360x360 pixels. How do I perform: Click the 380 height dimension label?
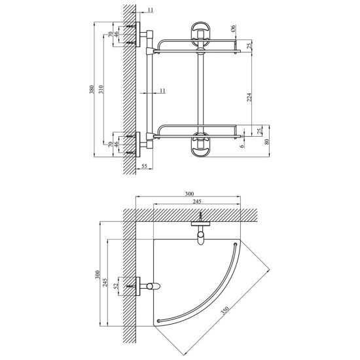(92, 90)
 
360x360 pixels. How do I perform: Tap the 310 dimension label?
(101, 89)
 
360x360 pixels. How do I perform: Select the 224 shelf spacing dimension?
(249, 97)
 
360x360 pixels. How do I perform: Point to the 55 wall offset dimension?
(144, 166)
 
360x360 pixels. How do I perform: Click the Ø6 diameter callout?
(232, 28)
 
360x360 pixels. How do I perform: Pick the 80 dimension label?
(266, 141)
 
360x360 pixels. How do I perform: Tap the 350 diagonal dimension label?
(225, 310)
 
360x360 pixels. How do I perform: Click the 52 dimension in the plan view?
(117, 285)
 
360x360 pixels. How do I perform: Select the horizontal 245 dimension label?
(197, 202)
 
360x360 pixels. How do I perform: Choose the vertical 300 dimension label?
(98, 275)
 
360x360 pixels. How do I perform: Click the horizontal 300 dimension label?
(189, 194)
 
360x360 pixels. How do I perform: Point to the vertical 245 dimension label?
(105, 282)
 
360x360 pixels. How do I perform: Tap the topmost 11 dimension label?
(151, 10)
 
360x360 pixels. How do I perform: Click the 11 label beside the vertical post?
(162, 90)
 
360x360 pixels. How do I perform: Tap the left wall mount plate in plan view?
(137, 286)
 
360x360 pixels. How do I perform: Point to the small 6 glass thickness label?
(242, 146)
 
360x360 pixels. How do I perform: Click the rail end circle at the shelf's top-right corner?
(235, 244)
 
